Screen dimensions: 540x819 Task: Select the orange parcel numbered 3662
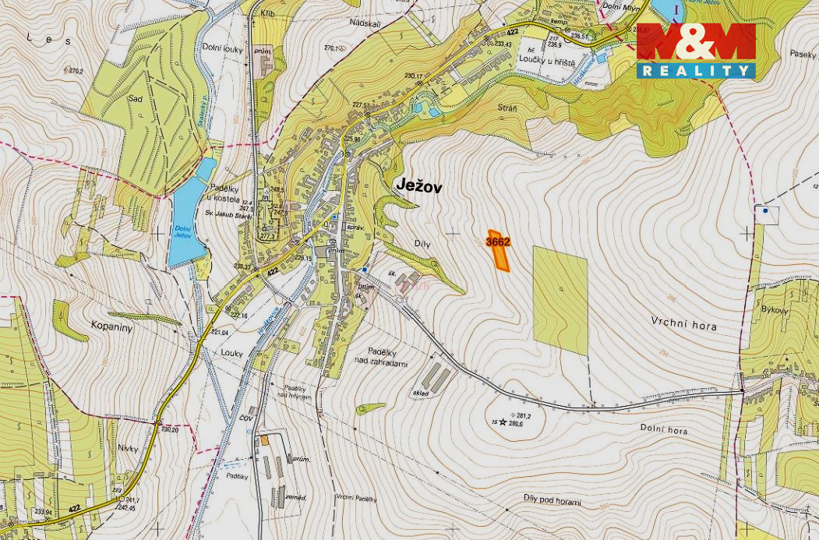pyautogui.click(x=498, y=250)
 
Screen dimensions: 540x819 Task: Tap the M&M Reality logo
pyautogui.click(x=696, y=51)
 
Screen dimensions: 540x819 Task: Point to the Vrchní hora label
pyautogui.click(x=683, y=326)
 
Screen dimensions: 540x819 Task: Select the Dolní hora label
pyautogui.click(x=664, y=428)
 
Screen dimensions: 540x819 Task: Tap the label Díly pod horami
pyautogui.click(x=552, y=502)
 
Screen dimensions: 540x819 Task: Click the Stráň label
pyautogui.click(x=507, y=108)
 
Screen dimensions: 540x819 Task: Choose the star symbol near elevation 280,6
pyautogui.click(x=503, y=423)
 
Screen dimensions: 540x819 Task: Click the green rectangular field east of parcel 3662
pyautogui.click(x=560, y=300)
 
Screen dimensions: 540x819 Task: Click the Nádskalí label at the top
pyautogui.click(x=366, y=23)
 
